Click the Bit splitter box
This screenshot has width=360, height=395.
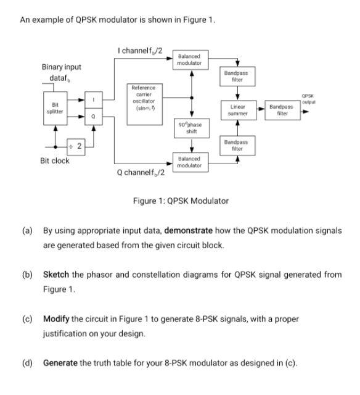[x=55, y=107]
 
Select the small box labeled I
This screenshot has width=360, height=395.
[x=93, y=99]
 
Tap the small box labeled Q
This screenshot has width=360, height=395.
[x=93, y=115]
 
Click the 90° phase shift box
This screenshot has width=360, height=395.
[x=191, y=128]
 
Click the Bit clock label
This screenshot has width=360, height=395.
[x=55, y=161]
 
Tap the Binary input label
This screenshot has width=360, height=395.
[x=61, y=67]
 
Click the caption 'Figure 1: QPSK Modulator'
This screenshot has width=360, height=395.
[x=181, y=201]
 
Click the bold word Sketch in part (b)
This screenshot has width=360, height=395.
[x=57, y=274]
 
